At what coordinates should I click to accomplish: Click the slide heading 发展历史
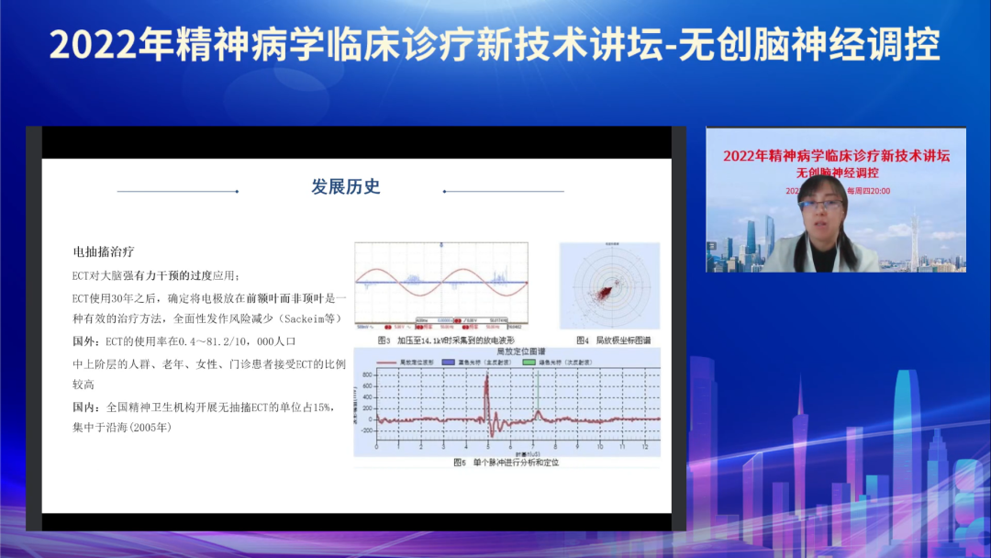coord(346,187)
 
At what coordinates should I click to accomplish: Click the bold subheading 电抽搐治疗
coord(105,251)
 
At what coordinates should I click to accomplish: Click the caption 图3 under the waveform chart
coord(384,340)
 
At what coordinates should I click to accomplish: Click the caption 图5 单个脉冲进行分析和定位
coord(506,463)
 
